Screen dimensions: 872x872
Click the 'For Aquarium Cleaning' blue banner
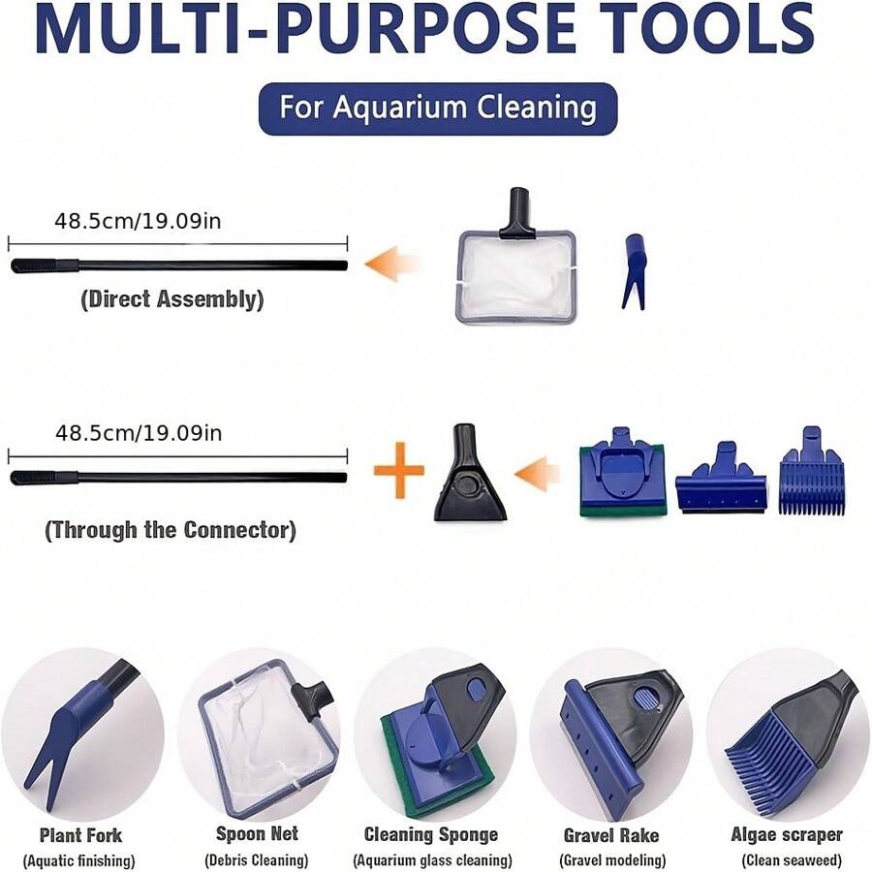[x=437, y=108]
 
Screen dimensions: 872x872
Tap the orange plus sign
[x=398, y=474]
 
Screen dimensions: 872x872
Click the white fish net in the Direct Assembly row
[x=517, y=272]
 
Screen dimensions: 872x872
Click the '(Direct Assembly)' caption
[x=171, y=299]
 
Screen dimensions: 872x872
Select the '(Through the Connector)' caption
[x=171, y=530]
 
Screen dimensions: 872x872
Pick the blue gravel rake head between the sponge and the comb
[x=721, y=481]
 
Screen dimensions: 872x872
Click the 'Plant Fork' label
[x=80, y=834]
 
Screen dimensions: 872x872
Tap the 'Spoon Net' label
[x=257, y=833]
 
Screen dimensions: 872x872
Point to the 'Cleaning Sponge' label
[x=431, y=834]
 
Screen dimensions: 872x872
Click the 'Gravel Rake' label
[x=610, y=834]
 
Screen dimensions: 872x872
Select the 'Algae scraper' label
[x=786, y=834]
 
